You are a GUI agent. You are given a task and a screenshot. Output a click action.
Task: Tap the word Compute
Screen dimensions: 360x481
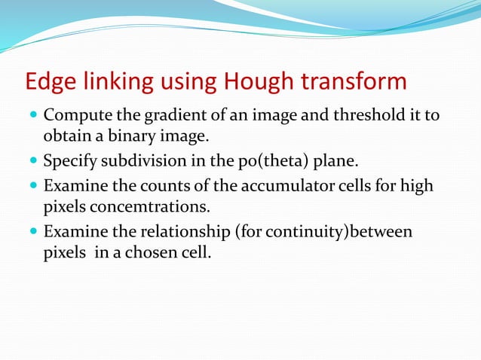74,116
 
